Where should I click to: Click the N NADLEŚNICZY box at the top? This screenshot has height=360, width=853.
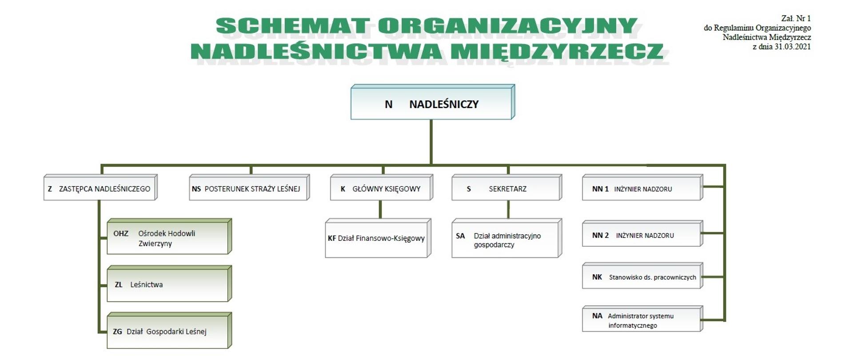pos(431,104)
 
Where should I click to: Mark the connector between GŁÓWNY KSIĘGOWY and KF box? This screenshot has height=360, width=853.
pos(380,209)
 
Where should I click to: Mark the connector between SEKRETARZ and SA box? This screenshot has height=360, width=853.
pos(508,209)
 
